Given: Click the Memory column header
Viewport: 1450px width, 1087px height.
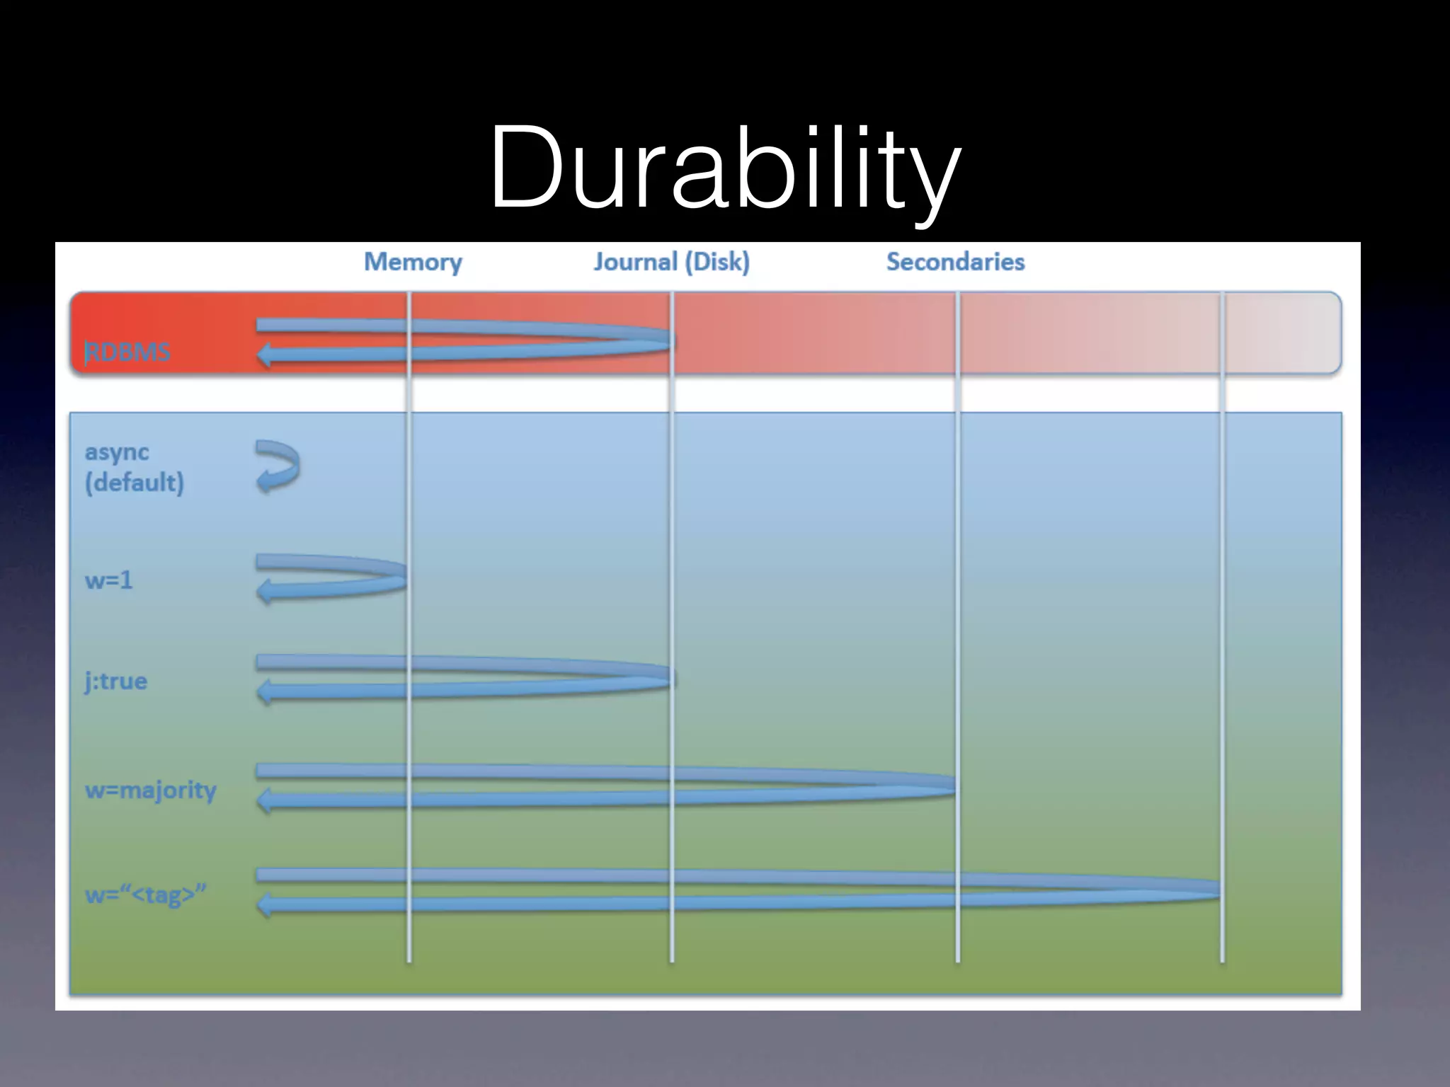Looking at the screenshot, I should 413,262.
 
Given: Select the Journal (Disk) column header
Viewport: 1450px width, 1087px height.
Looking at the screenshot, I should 671,262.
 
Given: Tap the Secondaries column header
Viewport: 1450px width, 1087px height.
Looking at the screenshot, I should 955,262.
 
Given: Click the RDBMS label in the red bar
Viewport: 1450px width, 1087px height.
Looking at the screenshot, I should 128,352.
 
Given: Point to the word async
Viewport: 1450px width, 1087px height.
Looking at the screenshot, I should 117,452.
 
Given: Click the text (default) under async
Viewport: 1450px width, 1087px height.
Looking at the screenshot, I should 135,483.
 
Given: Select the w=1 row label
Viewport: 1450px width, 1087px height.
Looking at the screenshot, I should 108,580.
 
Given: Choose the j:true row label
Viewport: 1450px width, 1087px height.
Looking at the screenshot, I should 116,681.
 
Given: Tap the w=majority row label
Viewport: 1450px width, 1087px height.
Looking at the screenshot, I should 150,789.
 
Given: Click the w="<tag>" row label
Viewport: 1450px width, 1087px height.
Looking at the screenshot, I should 145,895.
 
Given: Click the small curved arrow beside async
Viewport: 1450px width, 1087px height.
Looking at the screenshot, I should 278,466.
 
